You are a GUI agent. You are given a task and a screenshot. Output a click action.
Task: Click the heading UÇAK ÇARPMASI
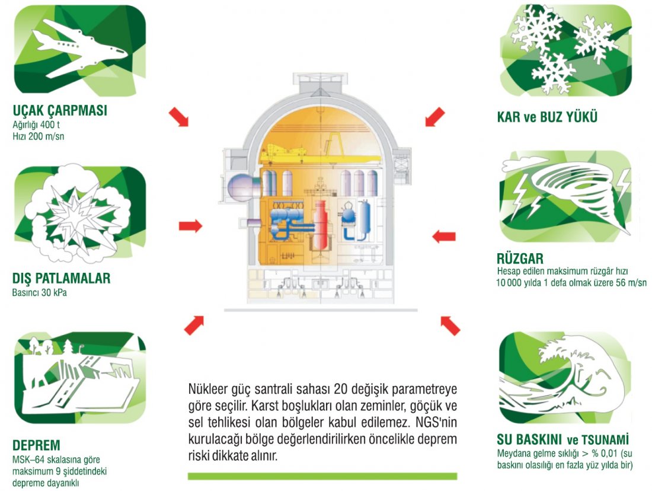coord(60,111)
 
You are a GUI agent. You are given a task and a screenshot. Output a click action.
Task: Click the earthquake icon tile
coord(79,378)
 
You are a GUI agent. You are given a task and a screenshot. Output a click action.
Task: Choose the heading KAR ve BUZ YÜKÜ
coord(546,117)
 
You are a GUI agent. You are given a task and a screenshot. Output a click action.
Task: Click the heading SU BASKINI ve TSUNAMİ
coord(562,440)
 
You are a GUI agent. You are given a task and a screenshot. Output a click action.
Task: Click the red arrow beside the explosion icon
coord(190,226)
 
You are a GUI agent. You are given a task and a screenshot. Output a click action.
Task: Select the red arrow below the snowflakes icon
coord(434,116)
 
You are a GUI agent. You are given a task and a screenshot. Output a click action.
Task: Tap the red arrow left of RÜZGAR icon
coord(443,237)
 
